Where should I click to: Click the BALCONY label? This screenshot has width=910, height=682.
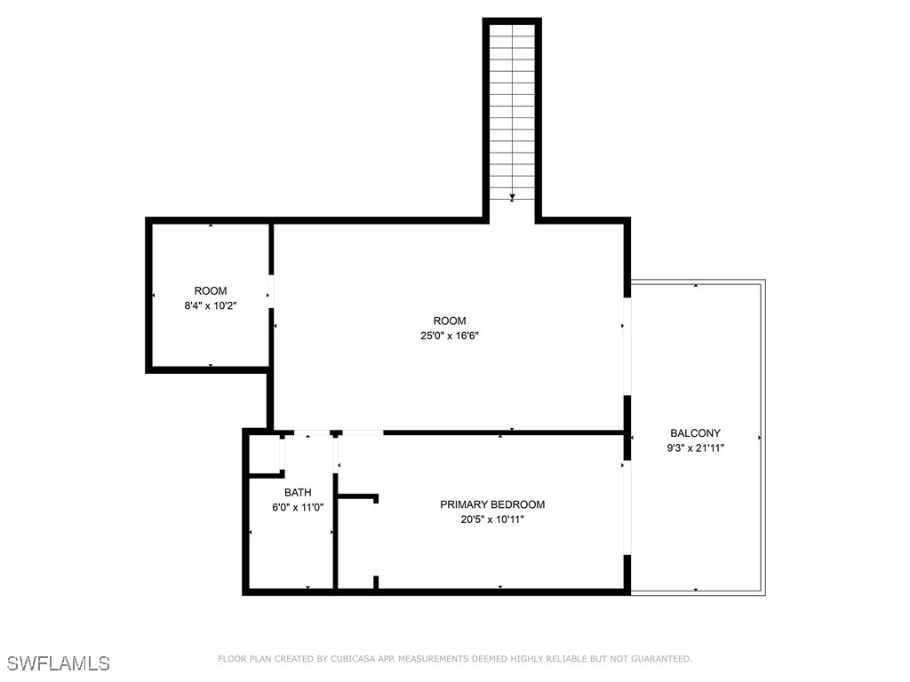point(695,433)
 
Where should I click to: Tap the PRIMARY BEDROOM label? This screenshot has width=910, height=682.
point(492,504)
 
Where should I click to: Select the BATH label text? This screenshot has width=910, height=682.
point(298,492)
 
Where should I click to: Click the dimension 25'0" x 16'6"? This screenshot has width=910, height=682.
point(449,336)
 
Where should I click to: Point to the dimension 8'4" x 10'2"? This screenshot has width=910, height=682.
point(211,305)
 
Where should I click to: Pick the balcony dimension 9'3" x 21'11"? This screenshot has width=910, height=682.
point(695,448)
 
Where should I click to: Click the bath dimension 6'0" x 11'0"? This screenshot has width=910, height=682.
point(298,507)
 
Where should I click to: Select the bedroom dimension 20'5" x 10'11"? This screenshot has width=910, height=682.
point(492,519)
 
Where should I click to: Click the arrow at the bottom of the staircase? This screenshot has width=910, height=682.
point(512,198)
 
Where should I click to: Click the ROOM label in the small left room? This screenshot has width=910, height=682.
point(211,291)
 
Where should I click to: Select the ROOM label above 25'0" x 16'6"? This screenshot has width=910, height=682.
point(449,321)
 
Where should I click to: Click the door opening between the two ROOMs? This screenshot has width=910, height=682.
point(271,291)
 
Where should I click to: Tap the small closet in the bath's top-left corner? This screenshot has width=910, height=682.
point(265,456)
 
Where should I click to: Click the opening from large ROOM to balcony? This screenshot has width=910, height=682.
point(627,346)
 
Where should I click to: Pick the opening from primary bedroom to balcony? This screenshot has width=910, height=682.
point(627,508)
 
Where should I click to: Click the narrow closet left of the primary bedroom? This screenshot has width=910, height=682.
point(355,543)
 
